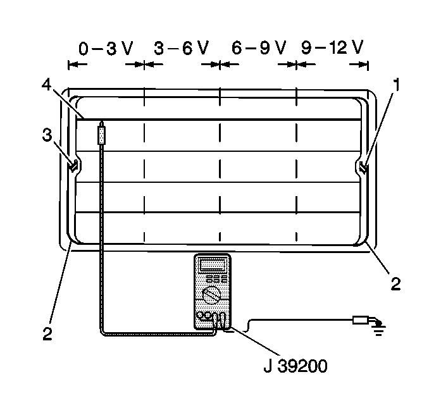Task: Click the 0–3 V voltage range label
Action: click(x=103, y=49)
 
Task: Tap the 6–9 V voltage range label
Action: click(x=259, y=49)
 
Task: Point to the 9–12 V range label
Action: click(x=332, y=49)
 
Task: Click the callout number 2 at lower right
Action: click(x=395, y=283)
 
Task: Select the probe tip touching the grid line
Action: click(x=101, y=123)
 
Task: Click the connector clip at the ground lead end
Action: click(x=361, y=320)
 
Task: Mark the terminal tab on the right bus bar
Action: click(x=363, y=168)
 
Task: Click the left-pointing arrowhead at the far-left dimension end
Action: click(x=71, y=64)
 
